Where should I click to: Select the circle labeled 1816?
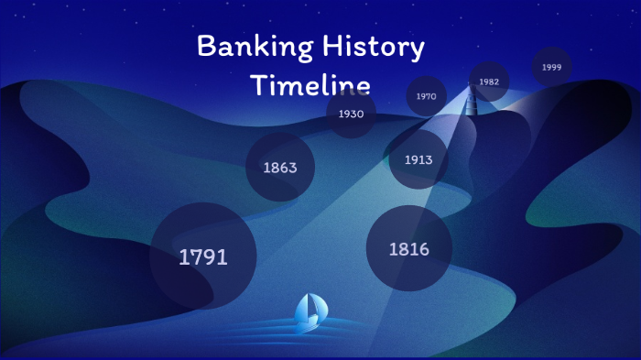408,248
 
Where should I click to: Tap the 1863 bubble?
280,168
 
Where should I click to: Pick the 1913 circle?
418,159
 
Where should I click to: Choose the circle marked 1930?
351,114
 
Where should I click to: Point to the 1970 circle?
426,95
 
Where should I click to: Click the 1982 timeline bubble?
489,82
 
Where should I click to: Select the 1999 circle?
551,67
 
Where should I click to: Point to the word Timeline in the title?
310,86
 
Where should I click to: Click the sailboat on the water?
310,311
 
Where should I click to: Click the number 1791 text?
203,257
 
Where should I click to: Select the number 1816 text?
408,249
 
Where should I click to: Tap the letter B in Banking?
206,47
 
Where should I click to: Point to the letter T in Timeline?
259,85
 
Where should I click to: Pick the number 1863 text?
280,169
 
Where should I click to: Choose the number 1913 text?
418,160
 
